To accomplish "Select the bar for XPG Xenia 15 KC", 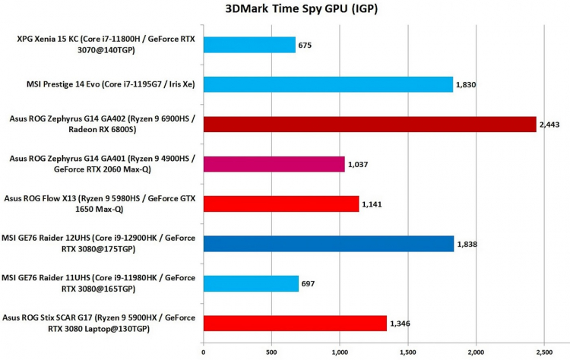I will click(249, 45).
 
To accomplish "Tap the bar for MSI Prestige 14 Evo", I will click(328, 84).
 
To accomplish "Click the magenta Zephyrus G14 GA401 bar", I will click(274, 163).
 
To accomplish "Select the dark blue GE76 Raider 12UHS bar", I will click(328, 243).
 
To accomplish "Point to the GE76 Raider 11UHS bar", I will click(251, 283).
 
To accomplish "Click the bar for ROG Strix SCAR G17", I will click(295, 323).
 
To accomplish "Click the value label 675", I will click(306, 46).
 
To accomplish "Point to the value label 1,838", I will click(467, 244).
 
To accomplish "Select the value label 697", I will click(309, 283).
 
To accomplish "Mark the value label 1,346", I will click(400, 324).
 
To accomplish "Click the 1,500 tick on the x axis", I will click(407, 352).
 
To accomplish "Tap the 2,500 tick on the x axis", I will click(543, 352).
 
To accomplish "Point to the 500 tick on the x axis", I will click(271, 352).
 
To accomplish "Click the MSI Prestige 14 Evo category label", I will click(103, 84).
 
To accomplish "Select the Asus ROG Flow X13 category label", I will click(103, 204).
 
